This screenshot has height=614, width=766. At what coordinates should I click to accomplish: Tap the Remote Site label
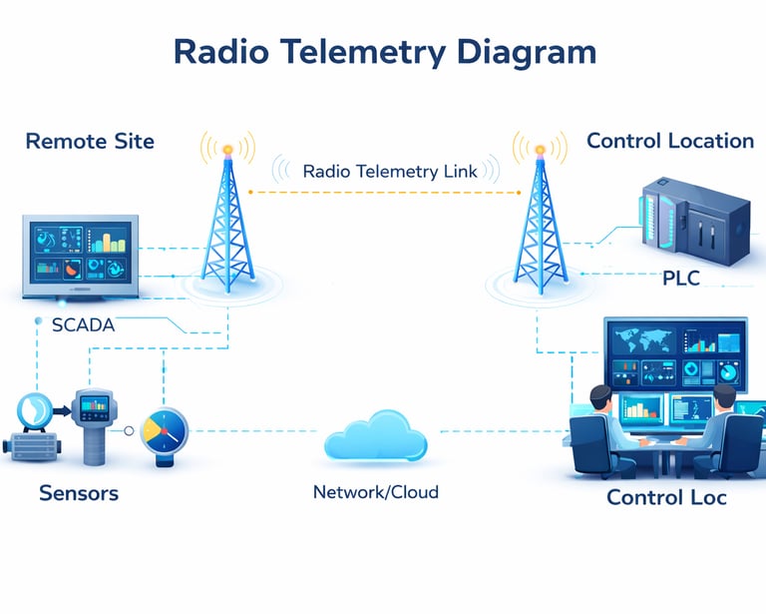[x=90, y=141]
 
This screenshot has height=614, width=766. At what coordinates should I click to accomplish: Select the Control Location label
[x=669, y=141]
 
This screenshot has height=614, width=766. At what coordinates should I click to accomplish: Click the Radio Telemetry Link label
[x=383, y=172]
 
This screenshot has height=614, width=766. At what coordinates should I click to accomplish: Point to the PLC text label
[x=681, y=279]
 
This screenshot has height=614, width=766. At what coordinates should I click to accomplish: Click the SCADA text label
[x=83, y=325]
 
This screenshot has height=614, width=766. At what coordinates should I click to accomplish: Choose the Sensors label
[x=79, y=493]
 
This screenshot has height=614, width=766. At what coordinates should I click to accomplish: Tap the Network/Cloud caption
[x=375, y=492]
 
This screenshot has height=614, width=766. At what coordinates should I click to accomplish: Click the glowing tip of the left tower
[x=228, y=150]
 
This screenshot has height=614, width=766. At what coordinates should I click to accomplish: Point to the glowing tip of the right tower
[x=540, y=150]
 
